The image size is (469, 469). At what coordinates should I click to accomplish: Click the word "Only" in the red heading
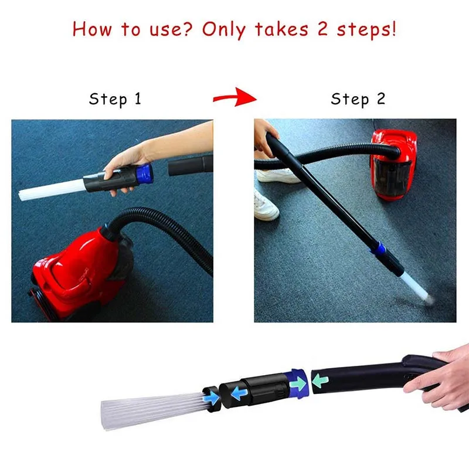(x=224, y=30)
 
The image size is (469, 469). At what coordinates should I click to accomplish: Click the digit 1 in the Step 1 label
(x=137, y=98)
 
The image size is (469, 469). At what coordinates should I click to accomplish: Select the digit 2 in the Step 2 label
(x=380, y=98)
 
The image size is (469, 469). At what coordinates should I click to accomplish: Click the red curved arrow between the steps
(x=235, y=97)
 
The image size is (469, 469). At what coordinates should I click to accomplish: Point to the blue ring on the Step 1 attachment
(x=144, y=174)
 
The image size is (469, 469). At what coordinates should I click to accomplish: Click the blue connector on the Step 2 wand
(x=378, y=249)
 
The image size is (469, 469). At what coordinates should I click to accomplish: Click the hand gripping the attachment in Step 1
(x=125, y=168)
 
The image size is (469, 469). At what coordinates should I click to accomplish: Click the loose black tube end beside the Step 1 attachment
(x=190, y=165)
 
